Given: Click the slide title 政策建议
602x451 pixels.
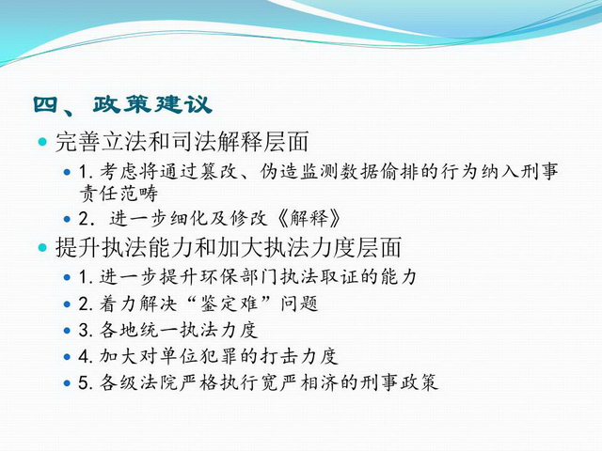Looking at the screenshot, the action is [x=152, y=104].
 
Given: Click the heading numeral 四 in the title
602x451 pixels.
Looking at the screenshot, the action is [x=45, y=104].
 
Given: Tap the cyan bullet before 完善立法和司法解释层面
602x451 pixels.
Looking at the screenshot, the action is [x=42, y=142].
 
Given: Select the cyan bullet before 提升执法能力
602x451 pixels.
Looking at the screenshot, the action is [x=42, y=247].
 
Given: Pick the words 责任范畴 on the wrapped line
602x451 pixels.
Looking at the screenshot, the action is [x=119, y=194].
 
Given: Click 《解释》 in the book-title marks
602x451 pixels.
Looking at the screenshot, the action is [x=309, y=219].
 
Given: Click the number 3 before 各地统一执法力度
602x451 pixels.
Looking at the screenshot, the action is [x=84, y=331].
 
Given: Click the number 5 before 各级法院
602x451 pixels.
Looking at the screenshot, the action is [x=84, y=382].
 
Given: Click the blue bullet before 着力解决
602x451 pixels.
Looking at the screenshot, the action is [x=67, y=304].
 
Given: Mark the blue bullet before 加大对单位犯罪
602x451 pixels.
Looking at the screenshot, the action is [x=67, y=357].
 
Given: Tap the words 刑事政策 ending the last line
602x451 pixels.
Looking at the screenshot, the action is [x=399, y=382].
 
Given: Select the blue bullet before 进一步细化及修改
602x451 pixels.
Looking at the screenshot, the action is [x=67, y=219].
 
